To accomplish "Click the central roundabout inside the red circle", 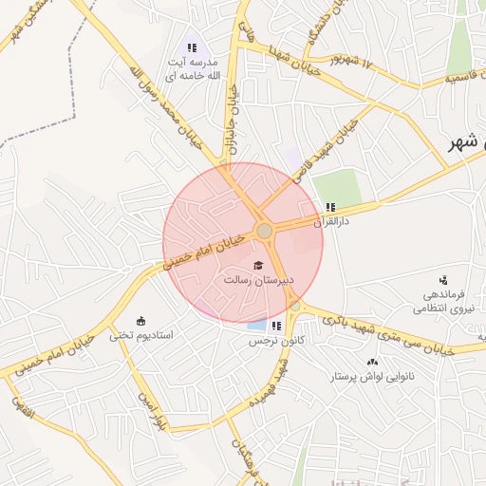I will point(265,231).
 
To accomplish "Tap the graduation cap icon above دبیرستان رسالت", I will point(258,265).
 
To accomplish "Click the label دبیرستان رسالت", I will point(259,281).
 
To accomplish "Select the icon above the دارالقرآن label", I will point(329,207).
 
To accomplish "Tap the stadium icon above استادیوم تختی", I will point(141,320).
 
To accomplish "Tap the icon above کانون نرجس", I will point(275,326).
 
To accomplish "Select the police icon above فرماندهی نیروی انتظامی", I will point(442,280).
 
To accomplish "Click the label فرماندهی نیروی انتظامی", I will point(442,301).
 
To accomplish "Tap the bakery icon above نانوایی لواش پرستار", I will point(371,362).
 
